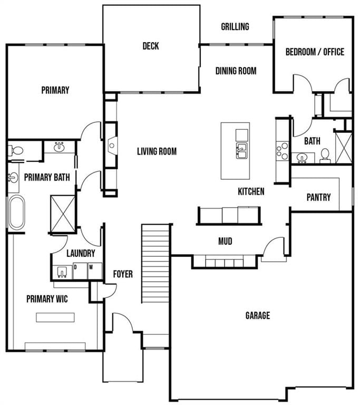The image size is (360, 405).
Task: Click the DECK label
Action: [151, 46]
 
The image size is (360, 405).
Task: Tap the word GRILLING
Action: [235, 26]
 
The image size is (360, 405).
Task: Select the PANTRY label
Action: [318, 197]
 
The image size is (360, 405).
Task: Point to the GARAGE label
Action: [258, 315]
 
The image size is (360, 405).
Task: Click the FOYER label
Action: [123, 274]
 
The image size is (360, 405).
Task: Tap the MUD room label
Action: [225, 241]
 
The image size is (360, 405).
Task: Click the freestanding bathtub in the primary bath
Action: [17, 212]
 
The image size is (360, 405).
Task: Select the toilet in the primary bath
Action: [15, 150]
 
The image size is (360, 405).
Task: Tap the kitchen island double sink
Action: [242, 151]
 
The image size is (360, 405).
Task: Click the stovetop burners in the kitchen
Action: [283, 151]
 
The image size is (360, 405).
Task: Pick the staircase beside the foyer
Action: [155, 264]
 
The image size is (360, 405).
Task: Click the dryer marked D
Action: [80, 271]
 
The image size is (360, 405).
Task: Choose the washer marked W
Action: [95, 271]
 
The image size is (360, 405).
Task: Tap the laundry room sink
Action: [62, 272]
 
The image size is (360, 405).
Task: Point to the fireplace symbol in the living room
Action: [112, 146]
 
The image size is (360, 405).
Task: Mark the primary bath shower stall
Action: [63, 214]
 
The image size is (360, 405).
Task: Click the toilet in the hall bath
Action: [325, 156]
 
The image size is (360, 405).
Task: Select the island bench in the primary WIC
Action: [55, 317]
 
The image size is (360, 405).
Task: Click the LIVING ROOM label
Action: [157, 151]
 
